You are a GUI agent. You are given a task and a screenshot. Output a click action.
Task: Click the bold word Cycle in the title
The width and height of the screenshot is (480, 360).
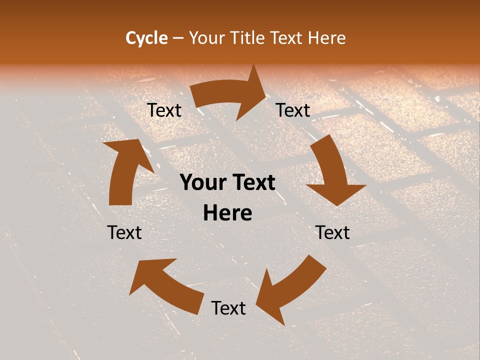click(146, 38)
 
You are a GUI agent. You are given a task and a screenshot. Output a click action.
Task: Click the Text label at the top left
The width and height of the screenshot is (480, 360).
click(164, 110)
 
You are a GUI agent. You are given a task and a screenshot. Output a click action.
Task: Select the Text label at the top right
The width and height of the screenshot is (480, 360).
click(293, 110)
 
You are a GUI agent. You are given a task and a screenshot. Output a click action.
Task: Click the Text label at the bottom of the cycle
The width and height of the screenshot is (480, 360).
click(228, 308)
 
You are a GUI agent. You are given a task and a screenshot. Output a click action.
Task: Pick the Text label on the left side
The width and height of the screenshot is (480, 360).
click(124, 232)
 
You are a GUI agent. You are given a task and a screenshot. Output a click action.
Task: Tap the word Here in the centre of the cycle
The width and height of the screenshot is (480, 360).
click(227, 213)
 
